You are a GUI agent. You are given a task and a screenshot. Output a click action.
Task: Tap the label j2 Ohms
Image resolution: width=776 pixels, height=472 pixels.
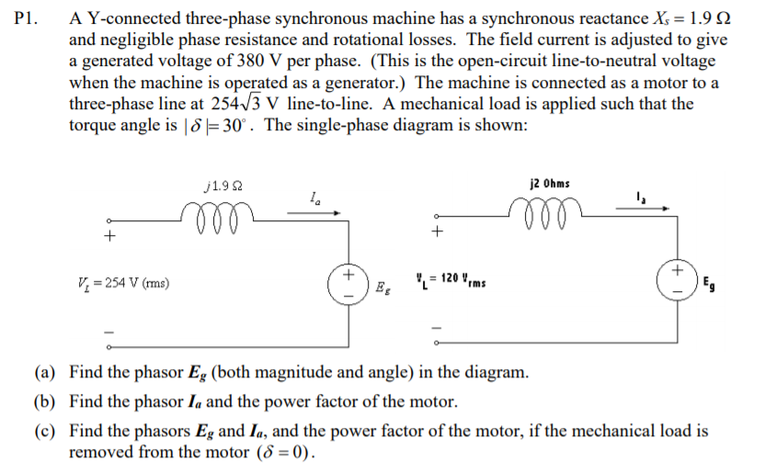click(550, 183)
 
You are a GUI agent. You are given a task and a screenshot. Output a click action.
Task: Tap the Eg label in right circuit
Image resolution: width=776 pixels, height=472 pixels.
click(710, 284)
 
